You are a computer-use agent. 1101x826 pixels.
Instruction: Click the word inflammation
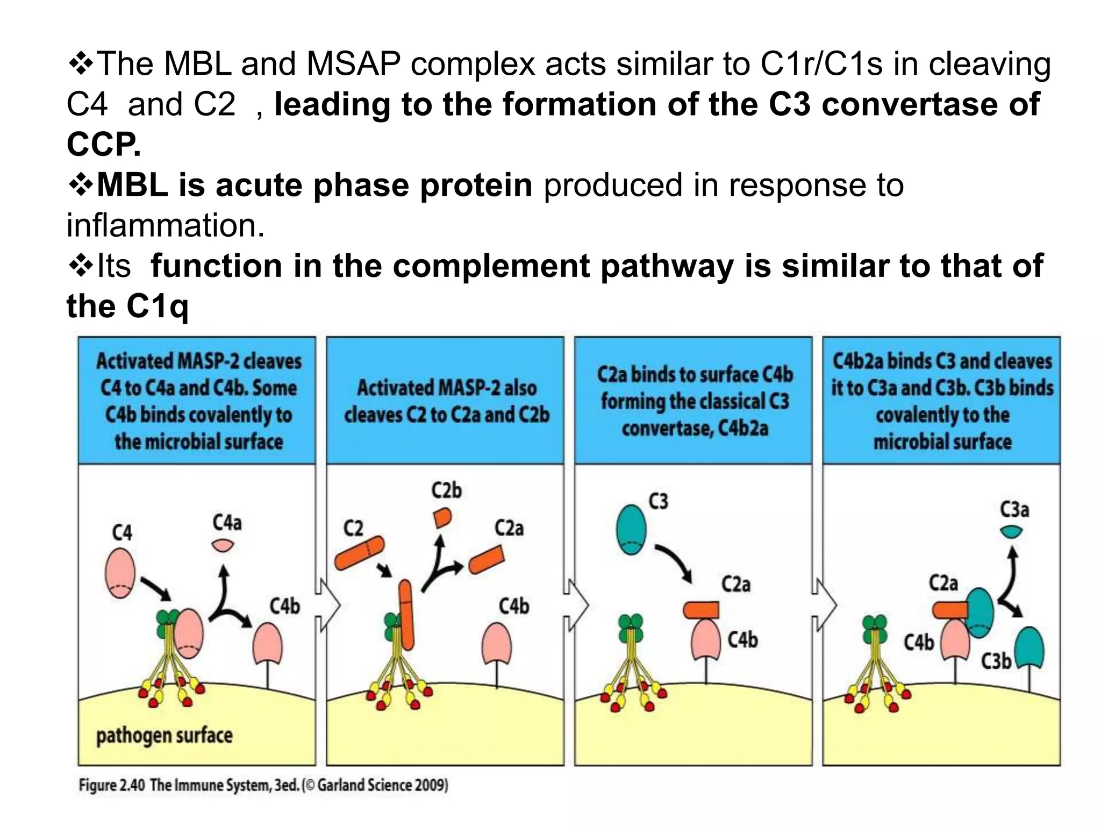point(165,225)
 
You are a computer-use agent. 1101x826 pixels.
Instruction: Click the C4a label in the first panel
point(227,522)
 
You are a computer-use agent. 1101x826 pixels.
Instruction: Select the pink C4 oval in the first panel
point(120,573)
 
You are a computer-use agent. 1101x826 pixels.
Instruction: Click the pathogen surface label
point(164,735)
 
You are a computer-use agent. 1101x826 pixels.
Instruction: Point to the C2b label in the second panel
point(446,490)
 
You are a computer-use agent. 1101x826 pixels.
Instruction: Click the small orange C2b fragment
point(442,518)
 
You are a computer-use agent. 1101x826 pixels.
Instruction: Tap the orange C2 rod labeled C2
point(359,553)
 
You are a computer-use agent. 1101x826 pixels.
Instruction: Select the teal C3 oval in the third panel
point(631,530)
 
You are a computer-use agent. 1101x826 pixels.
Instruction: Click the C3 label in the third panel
point(658,501)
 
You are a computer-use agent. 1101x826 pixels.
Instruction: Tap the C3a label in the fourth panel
point(1014,509)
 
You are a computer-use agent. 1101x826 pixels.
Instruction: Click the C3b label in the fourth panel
point(996,661)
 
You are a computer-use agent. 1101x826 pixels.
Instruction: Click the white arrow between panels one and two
point(328,605)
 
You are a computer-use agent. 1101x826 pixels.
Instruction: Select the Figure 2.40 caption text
point(263,785)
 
